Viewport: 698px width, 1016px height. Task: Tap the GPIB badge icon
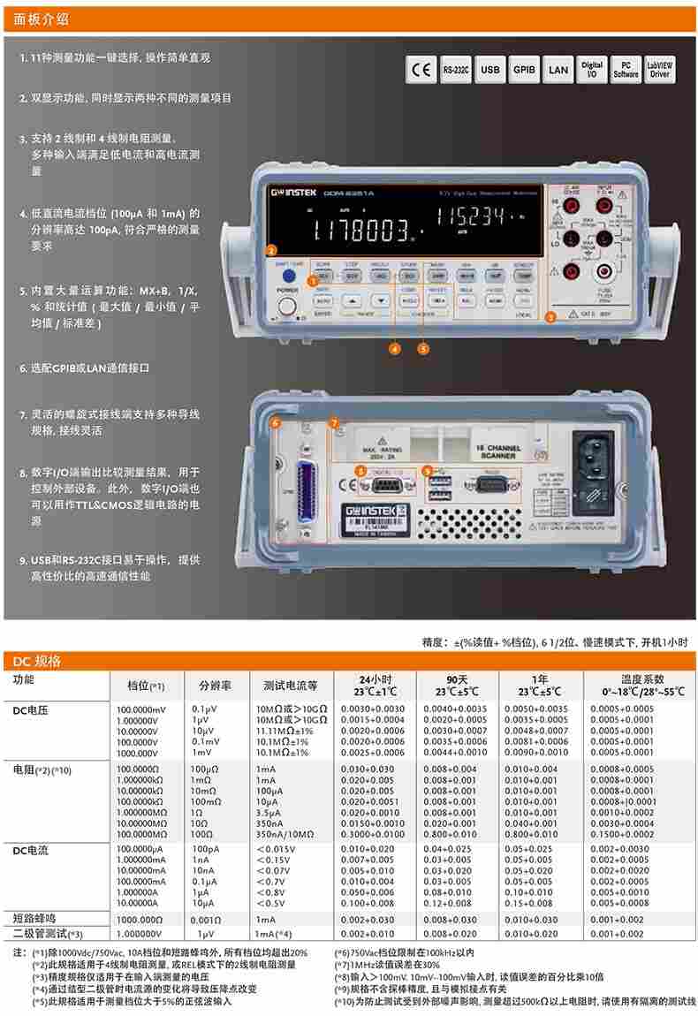point(524,70)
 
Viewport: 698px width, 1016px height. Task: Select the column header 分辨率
point(216,685)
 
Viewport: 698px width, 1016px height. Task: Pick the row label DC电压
point(31,709)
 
